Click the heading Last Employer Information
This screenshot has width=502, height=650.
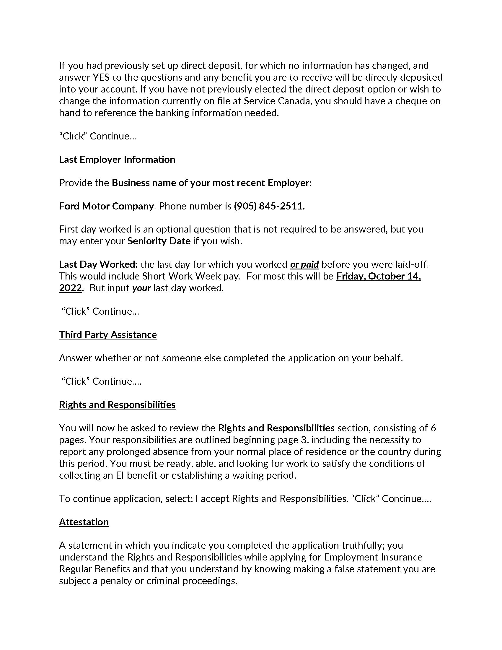pyautogui.click(x=117, y=160)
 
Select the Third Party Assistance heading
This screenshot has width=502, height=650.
pyautogui.click(x=108, y=334)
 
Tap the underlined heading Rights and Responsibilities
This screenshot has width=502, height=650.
pyautogui.click(x=117, y=405)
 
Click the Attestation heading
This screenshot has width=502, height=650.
pyautogui.click(x=84, y=522)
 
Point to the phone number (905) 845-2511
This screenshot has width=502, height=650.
pyautogui.click(x=269, y=206)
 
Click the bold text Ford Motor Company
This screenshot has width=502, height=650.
pyautogui.click(x=106, y=206)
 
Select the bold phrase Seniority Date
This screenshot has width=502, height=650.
pyautogui.click(x=159, y=241)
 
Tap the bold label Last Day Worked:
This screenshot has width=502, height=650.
pyautogui.click(x=98, y=264)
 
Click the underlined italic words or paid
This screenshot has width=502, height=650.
pyautogui.click(x=304, y=264)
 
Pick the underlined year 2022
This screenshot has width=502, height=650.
pyautogui.click(x=70, y=288)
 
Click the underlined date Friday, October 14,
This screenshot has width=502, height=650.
pyautogui.click(x=378, y=276)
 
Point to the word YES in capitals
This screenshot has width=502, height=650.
pyautogui.click(x=101, y=77)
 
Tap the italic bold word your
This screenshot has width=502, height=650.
pyautogui.click(x=141, y=288)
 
